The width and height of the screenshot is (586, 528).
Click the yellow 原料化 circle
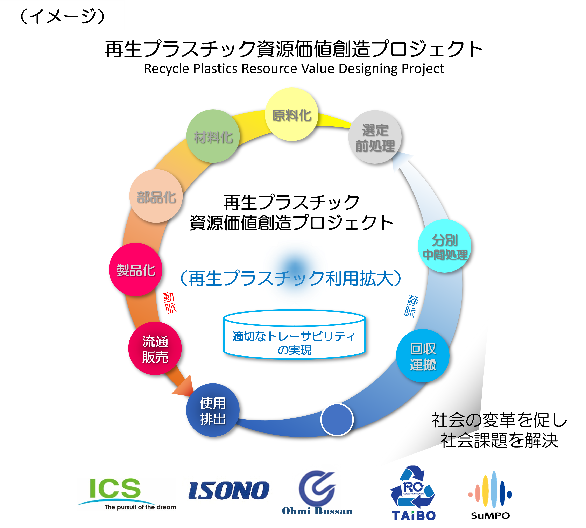(291, 114)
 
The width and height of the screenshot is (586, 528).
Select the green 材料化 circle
(213, 136)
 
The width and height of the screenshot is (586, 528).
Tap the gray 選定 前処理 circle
(375, 137)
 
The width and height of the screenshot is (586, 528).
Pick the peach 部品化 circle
(156, 196)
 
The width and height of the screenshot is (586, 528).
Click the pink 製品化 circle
(135, 269)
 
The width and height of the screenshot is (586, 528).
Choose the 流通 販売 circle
(155, 349)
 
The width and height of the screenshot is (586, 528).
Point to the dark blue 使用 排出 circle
(213, 410)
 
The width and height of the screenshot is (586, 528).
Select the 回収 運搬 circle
(423, 356)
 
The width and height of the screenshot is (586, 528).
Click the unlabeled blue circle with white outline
(337, 420)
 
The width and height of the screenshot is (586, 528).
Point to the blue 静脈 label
(411, 306)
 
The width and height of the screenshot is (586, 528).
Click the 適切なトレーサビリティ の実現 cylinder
(294, 335)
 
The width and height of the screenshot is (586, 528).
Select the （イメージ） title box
(62, 15)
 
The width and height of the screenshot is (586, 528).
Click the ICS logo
(126, 494)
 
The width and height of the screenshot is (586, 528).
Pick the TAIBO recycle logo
(412, 492)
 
